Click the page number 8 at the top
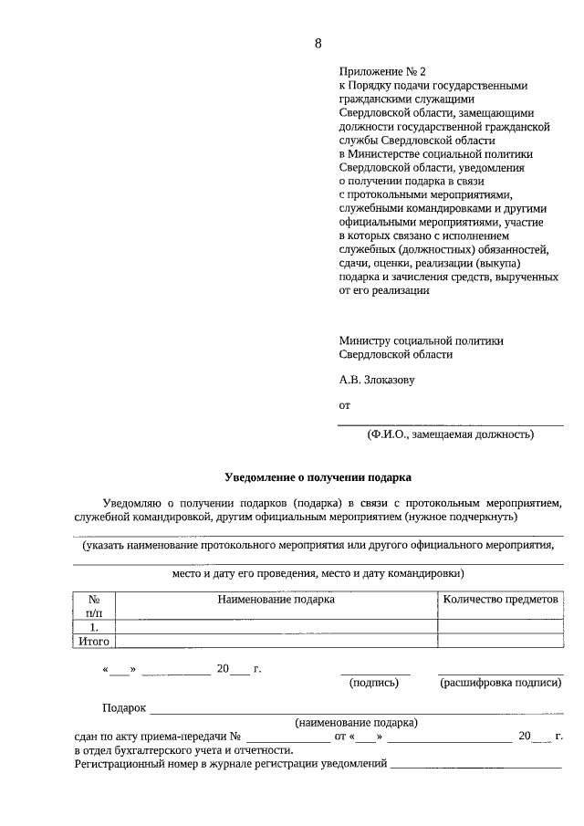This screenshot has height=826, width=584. click(x=318, y=44)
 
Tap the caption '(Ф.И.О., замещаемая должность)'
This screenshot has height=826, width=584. click(x=450, y=434)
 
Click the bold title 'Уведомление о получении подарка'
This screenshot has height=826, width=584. click(x=318, y=476)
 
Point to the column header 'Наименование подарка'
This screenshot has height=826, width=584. click(x=276, y=600)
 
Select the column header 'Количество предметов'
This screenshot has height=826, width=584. click(x=499, y=600)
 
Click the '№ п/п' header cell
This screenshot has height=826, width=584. click(x=93, y=606)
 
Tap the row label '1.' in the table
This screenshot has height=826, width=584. click(x=93, y=627)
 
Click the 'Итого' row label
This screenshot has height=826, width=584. click(x=93, y=642)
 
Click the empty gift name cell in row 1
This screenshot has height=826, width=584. click(x=276, y=627)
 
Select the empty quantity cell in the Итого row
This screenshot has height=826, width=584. click(x=499, y=642)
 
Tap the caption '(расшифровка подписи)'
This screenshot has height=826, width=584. click(x=500, y=682)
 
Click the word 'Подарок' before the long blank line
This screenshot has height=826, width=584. click(x=125, y=708)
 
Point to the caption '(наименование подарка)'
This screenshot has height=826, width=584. click(x=356, y=722)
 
